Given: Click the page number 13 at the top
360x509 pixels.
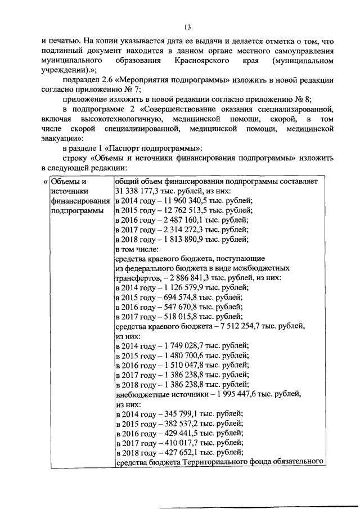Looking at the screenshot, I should pyautogui.click(x=187, y=26).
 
